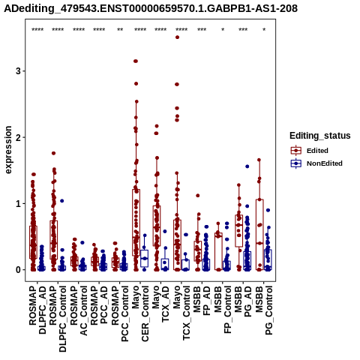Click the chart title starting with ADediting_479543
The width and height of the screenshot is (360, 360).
point(151,8)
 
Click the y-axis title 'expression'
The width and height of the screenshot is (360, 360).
point(8,150)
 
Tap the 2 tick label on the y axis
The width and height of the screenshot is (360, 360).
point(18,137)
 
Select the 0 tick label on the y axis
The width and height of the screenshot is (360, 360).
point(18,270)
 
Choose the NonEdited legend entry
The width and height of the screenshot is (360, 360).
point(316,163)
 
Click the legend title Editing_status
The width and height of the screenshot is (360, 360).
point(320,136)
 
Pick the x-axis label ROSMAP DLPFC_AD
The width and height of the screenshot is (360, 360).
point(37,310)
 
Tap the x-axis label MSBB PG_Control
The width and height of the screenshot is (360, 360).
point(264,310)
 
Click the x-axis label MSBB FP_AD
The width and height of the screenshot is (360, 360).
point(202,301)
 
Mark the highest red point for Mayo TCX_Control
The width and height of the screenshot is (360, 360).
point(177,37)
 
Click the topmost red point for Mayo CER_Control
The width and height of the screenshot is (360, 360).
point(136,61)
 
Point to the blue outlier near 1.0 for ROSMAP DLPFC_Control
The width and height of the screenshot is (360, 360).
point(62,201)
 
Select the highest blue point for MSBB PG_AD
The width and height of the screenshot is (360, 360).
point(247,166)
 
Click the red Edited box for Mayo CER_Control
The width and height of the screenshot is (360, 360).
point(136,223)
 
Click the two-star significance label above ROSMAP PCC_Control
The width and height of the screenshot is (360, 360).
point(120,30)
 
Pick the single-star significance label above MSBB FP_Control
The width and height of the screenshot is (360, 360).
point(223,30)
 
